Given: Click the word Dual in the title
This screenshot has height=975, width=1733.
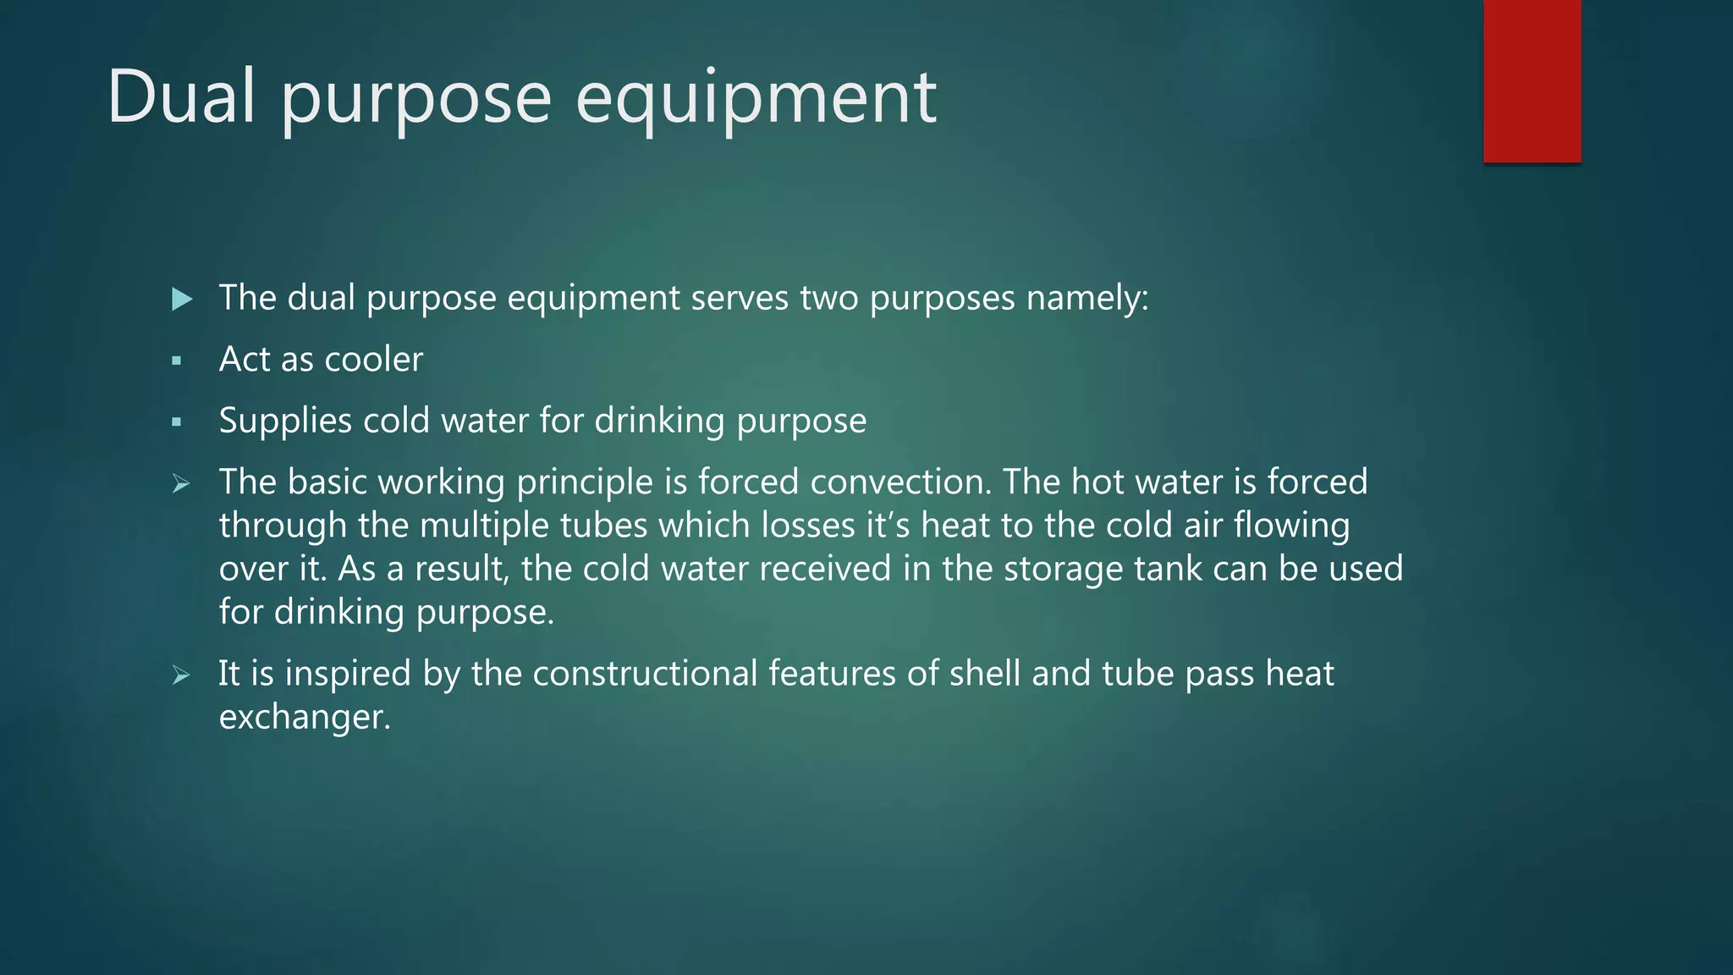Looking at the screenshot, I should coord(180,96).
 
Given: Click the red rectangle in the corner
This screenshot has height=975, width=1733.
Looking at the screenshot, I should coord(1532,81).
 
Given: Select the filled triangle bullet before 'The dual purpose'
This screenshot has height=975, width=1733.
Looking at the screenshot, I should coord(181,299).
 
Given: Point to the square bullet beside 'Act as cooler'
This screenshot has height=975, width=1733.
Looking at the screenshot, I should coord(177,361).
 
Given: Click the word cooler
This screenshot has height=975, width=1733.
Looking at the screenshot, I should coord(373,360).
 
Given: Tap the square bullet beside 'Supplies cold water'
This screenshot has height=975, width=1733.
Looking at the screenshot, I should coord(177,421).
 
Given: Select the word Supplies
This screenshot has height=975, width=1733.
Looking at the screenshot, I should coord(285,421).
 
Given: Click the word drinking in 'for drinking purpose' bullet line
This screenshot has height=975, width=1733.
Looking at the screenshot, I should coord(659,421).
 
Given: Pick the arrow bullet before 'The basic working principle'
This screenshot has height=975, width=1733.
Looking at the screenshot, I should coord(180,484).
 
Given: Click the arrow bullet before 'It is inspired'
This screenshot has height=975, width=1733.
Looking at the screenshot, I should coord(180,675).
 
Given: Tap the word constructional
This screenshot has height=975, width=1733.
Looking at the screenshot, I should coord(645,674).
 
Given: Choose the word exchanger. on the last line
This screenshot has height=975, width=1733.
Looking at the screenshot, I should coord(305,718).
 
